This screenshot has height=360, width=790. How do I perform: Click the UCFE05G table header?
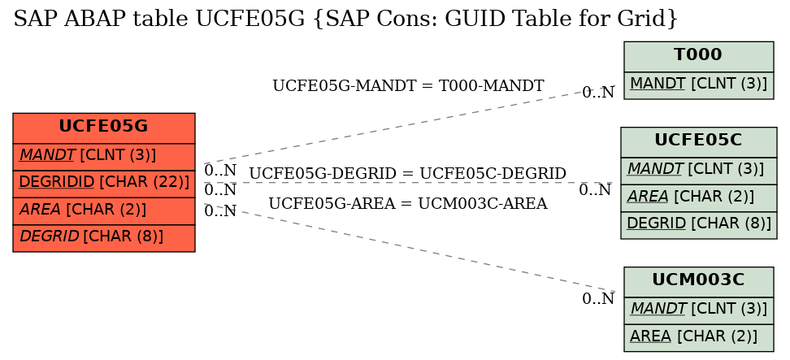[x=104, y=128]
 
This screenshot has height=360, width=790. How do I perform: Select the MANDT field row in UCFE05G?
[x=104, y=157]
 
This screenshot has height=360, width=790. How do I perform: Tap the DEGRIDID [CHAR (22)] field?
[x=104, y=184]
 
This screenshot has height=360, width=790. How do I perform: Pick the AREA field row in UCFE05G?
[x=104, y=211]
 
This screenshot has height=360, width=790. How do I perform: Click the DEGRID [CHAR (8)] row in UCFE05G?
[x=104, y=238]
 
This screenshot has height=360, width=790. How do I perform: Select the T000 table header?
[x=698, y=56]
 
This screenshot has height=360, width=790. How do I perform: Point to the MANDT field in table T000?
[x=698, y=85]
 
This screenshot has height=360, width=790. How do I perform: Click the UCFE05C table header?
[x=698, y=142]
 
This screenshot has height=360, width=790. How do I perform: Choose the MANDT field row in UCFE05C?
[x=698, y=171]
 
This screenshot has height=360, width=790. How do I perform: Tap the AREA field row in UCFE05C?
[x=698, y=197]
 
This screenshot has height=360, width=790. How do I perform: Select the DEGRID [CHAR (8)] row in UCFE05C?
[x=698, y=225]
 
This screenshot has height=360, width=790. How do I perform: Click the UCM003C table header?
[x=698, y=282]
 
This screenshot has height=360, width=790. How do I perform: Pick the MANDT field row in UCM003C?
[x=698, y=310]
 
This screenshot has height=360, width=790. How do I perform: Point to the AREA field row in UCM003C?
[x=698, y=338]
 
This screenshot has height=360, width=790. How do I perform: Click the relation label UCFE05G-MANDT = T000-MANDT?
[x=408, y=86]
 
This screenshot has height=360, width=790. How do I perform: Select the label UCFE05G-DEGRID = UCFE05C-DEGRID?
[x=407, y=174]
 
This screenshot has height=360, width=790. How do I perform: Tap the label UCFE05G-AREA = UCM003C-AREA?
[x=407, y=204]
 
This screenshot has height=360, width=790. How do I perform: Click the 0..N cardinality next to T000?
[x=598, y=93]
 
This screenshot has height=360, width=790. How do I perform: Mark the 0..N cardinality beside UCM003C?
[x=598, y=299]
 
